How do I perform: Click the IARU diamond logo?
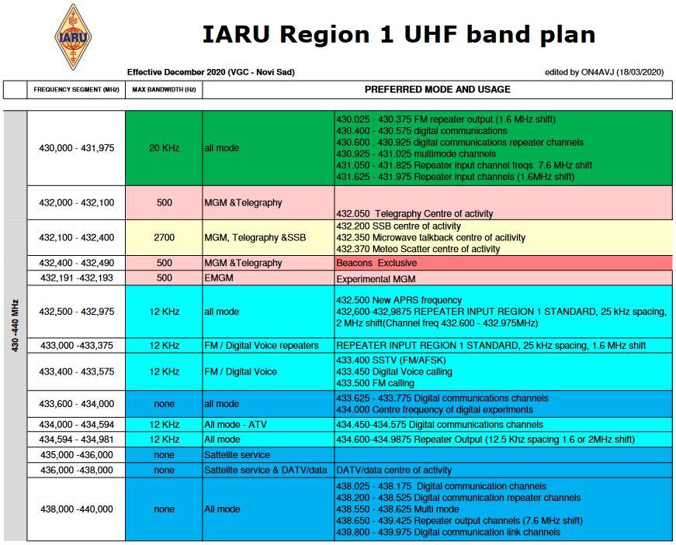point(73,37)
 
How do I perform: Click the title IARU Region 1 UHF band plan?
point(399,34)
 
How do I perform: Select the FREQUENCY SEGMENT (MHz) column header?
point(76,90)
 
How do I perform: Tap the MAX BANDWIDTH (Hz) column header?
point(164,90)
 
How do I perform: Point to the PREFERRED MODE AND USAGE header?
point(438,90)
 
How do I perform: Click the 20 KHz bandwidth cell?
point(165,148)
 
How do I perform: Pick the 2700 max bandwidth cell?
point(165,238)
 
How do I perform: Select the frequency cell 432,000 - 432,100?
point(76,203)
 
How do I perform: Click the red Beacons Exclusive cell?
point(504,263)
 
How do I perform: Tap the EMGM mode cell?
point(269,278)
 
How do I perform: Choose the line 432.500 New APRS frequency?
point(399,300)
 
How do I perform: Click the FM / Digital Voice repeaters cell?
point(269,346)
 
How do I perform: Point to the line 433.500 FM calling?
point(375,383)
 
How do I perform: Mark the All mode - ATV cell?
point(269,425)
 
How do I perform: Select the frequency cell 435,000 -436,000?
point(76,455)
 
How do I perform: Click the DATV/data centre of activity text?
point(393,470)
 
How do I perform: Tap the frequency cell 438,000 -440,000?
point(76,509)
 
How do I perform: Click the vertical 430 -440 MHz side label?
point(15,326)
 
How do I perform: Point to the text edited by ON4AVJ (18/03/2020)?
point(604,72)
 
